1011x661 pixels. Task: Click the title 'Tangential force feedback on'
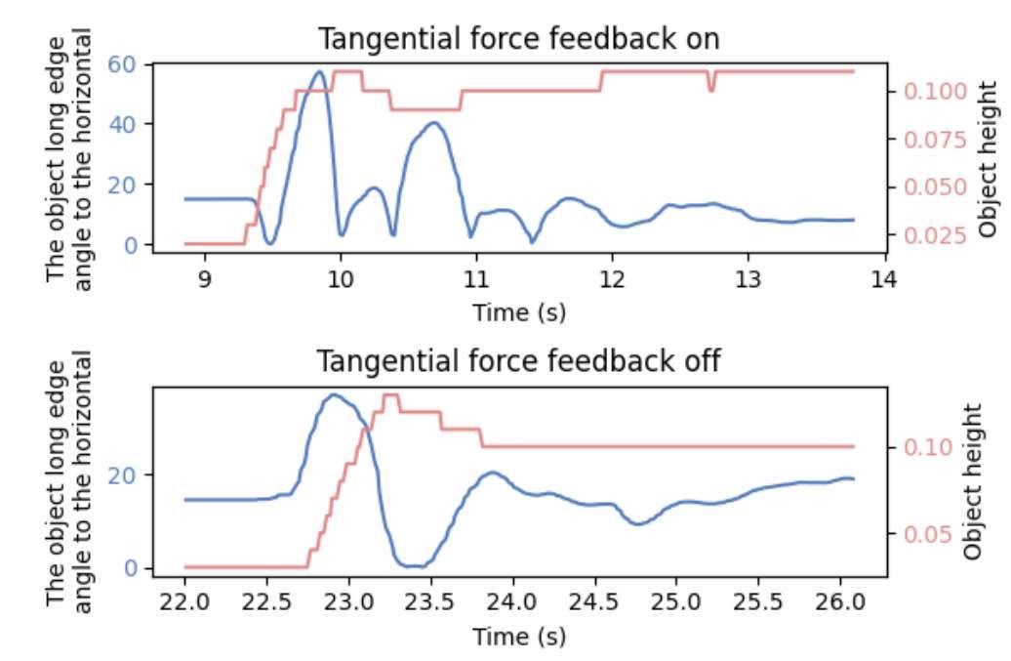[x=519, y=39]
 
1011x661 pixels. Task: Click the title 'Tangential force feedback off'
[x=519, y=361]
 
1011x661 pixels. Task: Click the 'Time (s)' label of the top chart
[x=519, y=313]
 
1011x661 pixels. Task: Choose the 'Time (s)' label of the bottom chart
[x=519, y=637]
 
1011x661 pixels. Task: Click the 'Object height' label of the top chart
[x=988, y=158]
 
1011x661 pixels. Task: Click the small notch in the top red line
[x=711, y=89]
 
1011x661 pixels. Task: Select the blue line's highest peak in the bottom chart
[x=334, y=395]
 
